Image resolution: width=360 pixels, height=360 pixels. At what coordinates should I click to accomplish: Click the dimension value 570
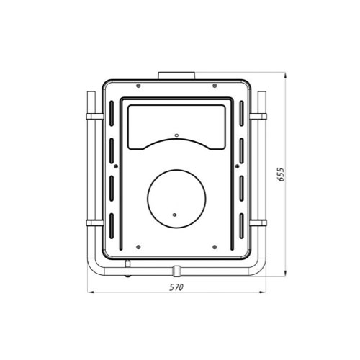point(176,287)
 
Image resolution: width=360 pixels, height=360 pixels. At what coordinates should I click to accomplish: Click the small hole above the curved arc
point(176,134)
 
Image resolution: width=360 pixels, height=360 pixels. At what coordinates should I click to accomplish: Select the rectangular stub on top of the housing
point(176,75)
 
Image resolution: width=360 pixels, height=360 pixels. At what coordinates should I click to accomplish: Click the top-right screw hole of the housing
point(214,88)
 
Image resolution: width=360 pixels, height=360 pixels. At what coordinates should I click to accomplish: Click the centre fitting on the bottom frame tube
point(176,270)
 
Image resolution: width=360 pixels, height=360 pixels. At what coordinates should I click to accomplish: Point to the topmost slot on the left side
point(112,112)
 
